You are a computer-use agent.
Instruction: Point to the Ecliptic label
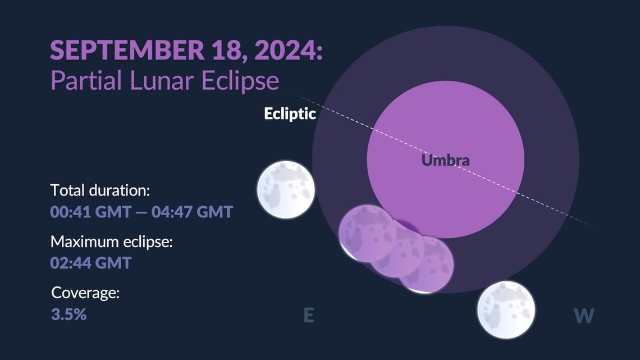click(x=290, y=114)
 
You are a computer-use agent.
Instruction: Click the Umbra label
click(x=445, y=161)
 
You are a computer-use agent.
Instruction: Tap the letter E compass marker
click(x=308, y=316)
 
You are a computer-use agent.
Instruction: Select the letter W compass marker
click(x=584, y=316)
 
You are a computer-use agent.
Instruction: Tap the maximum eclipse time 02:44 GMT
click(x=91, y=262)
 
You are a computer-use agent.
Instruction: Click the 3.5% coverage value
click(x=68, y=314)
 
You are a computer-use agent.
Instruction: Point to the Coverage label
click(x=85, y=293)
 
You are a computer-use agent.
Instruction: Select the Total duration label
click(x=100, y=190)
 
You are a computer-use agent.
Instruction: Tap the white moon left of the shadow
click(x=285, y=190)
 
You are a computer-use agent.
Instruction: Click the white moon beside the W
click(x=506, y=309)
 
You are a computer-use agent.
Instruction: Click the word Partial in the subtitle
click(x=85, y=81)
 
